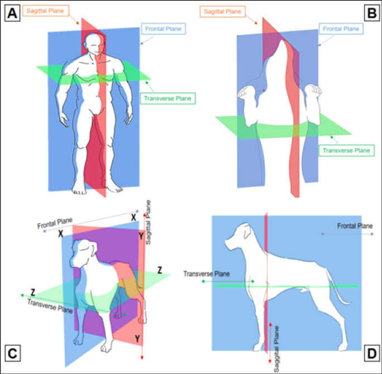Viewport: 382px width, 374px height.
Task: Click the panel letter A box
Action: [x=13, y=13]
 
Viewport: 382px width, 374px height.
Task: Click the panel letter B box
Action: [x=369, y=12]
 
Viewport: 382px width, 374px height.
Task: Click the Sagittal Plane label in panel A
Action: [x=45, y=10]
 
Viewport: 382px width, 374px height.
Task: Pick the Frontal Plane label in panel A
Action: [x=163, y=28]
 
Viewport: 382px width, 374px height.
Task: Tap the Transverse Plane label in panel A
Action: [x=167, y=99]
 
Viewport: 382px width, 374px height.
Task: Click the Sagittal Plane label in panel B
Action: [x=223, y=11]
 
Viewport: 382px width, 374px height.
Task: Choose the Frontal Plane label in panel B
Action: [x=342, y=28]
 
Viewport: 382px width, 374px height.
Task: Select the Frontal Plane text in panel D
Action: [x=355, y=225]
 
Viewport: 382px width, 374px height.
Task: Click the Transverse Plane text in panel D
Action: [x=207, y=273]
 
